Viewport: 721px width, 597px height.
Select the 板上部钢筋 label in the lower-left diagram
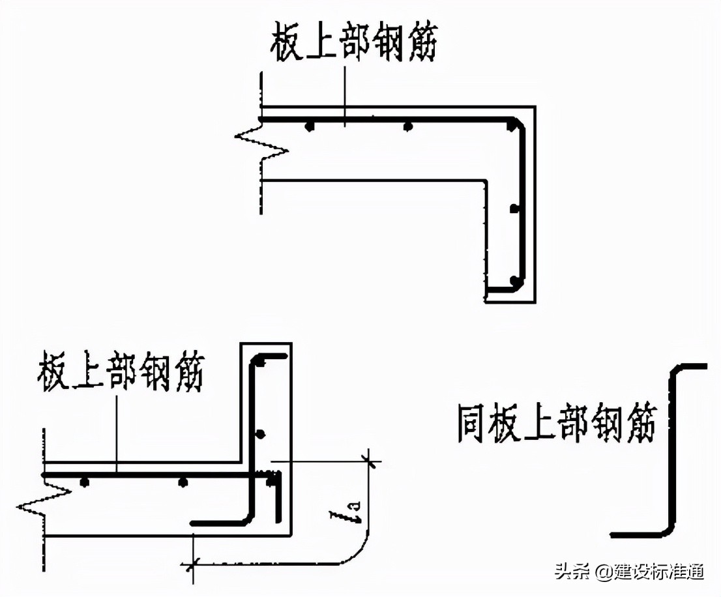tap(121, 372)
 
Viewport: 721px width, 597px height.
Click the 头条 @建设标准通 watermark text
tap(629, 572)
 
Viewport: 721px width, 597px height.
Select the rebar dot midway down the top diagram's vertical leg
tap(514, 209)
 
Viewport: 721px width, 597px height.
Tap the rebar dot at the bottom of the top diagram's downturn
tap(515, 282)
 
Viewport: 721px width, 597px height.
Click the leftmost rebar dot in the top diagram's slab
tap(311, 125)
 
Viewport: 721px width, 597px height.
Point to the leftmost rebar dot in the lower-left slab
tap(83, 482)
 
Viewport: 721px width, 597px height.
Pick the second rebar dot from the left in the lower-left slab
tap(183, 482)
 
